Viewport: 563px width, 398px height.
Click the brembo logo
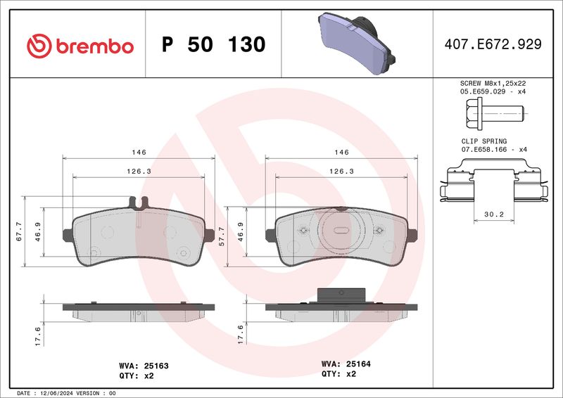(80, 46)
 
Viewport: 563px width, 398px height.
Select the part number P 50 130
(214, 44)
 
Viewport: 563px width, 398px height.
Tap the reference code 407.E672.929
(493, 44)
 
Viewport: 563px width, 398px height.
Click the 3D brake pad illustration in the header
(357, 43)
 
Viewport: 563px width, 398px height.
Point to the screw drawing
(495, 113)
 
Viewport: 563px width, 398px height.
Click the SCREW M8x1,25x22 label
(493, 83)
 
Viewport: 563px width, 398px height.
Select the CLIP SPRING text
(484, 141)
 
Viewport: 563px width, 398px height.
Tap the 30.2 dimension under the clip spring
(494, 214)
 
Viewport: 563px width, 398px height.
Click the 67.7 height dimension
(19, 231)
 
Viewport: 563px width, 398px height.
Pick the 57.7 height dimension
(222, 236)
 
